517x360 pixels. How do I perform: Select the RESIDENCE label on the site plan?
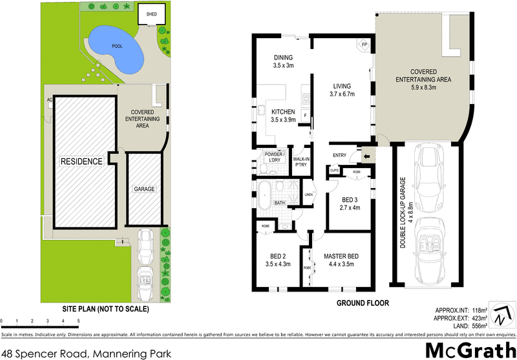click(x=82, y=161)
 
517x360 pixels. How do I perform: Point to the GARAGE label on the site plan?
click(x=143, y=189)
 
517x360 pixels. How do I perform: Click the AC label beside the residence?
click(x=49, y=100)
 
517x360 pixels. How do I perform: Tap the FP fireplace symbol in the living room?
click(x=364, y=45)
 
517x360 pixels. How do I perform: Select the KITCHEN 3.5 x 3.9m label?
click(x=283, y=115)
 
